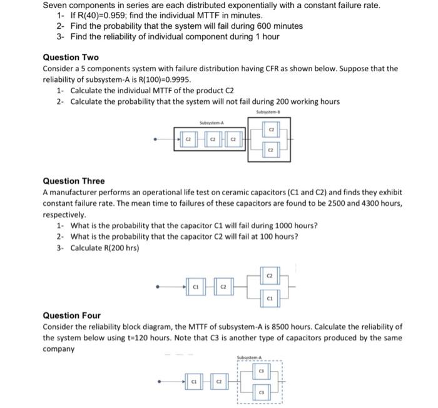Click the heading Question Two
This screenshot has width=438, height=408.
(x=71, y=57)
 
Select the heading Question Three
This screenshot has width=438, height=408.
(x=74, y=181)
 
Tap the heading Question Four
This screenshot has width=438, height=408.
(x=71, y=315)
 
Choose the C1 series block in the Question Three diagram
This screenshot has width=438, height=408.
(x=195, y=287)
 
